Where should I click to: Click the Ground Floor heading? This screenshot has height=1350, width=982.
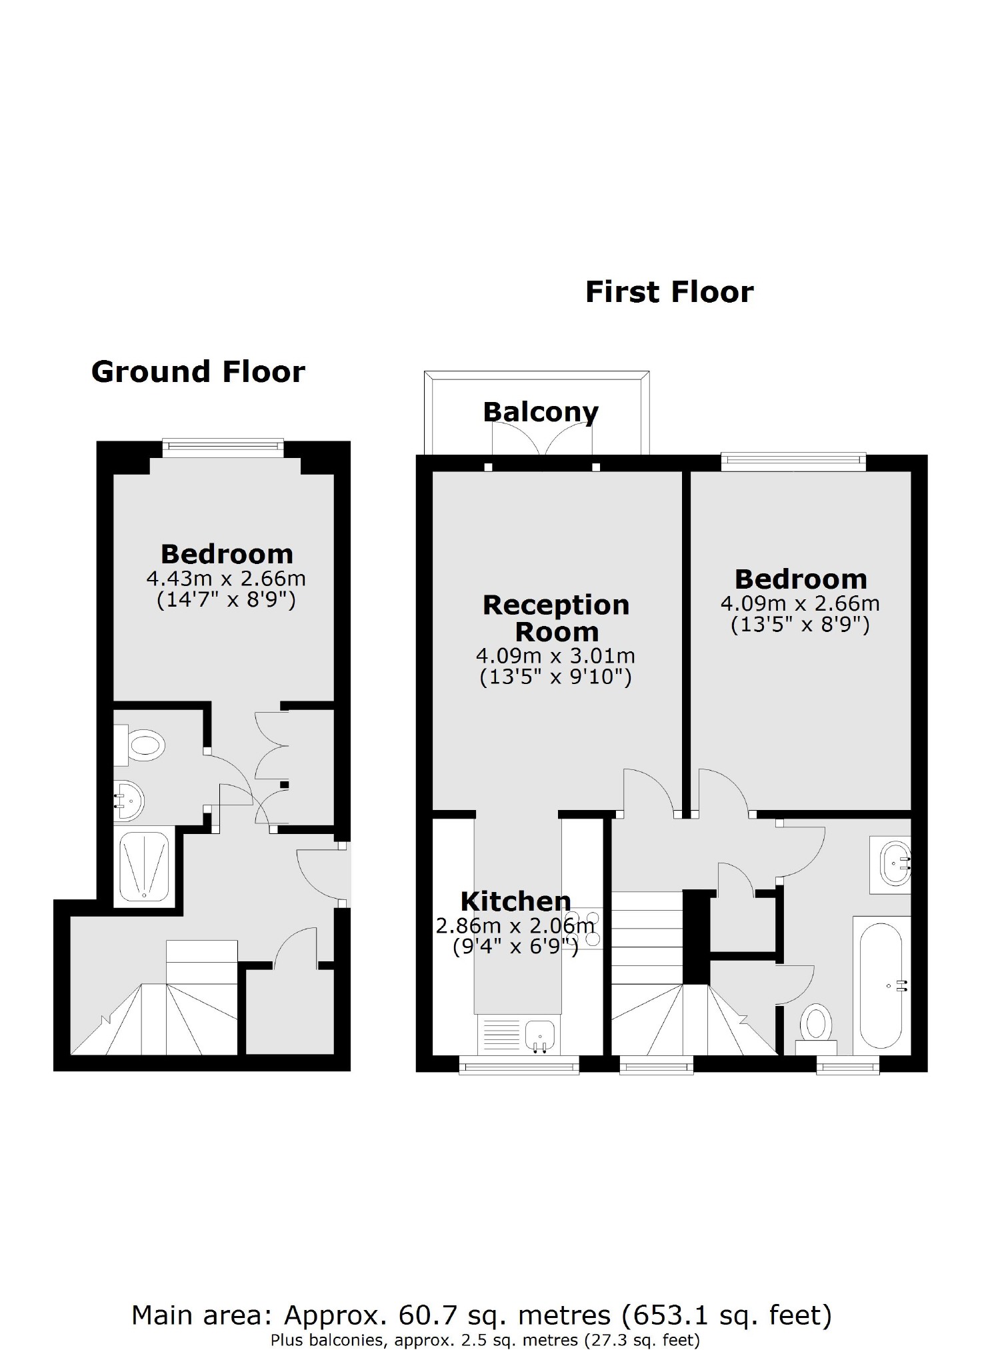pos(198,372)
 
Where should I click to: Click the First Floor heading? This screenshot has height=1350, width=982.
pos(669,292)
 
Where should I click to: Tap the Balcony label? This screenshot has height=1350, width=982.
pos(540,412)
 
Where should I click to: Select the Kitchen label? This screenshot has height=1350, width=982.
pos(515,901)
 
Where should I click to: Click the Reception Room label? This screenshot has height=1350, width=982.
pos(556,618)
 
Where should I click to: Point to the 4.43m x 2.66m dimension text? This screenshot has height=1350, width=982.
pos(226,578)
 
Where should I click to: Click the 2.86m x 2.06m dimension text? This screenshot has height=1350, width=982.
pos(515,925)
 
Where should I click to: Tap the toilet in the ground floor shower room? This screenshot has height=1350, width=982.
pos(143,744)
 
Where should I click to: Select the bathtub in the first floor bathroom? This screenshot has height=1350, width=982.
pos(881,986)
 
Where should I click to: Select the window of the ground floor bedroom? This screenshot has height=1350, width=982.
pos(223,447)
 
